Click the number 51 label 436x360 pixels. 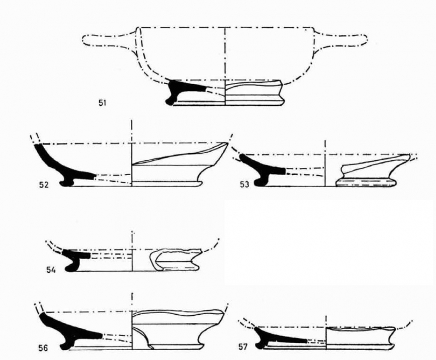click(x=102, y=103)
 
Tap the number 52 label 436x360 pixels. click(x=44, y=184)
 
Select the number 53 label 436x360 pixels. click(x=244, y=184)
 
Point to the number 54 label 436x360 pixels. click(x=51, y=270)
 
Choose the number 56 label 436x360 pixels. click(x=43, y=348)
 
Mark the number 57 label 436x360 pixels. click(x=243, y=347)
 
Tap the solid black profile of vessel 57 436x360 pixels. click(x=278, y=336)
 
